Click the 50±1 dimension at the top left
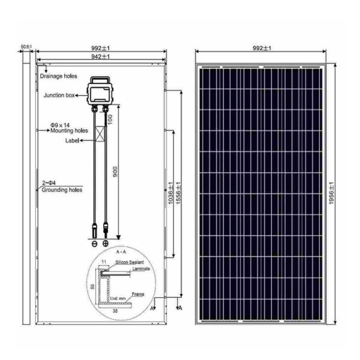tap(26, 46)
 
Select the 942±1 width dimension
tap(100, 56)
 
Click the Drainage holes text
tap(59, 77)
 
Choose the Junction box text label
tap(59, 95)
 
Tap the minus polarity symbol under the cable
tap(94, 243)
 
